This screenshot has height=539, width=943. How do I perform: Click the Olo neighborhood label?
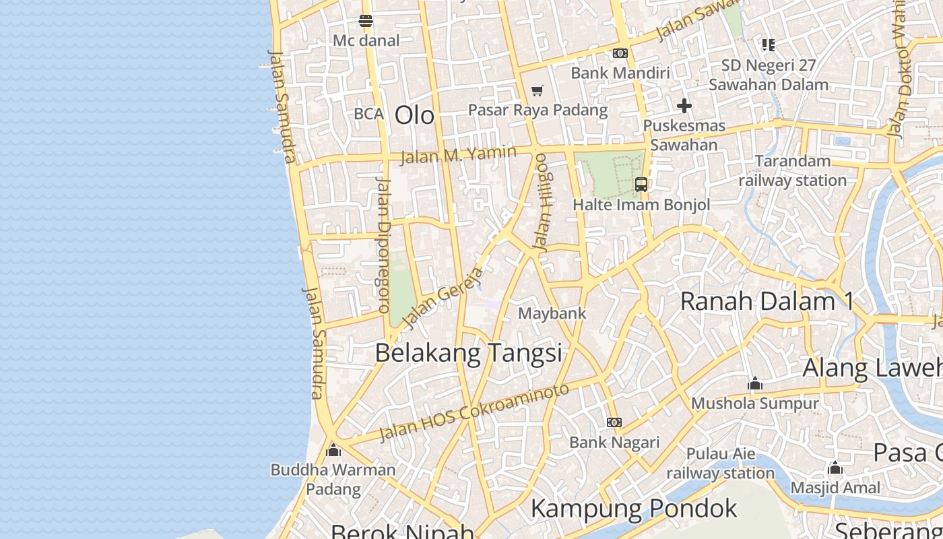(x=414, y=115)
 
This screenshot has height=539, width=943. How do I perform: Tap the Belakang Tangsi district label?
(x=468, y=353)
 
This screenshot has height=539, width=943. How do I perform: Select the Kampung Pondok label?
(x=634, y=508)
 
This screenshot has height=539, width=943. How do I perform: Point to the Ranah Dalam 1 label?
(x=767, y=301)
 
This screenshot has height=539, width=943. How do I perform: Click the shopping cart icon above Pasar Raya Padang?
(x=537, y=90)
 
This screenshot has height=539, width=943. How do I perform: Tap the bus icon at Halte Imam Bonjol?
(x=641, y=184)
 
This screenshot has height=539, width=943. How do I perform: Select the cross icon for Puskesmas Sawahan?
(x=684, y=106)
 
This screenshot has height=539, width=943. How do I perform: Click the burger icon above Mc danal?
(x=366, y=21)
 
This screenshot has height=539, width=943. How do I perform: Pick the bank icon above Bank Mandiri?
(x=620, y=53)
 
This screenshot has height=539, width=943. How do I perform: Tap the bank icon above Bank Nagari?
(x=614, y=422)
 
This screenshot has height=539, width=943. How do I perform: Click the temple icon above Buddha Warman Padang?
(x=333, y=449)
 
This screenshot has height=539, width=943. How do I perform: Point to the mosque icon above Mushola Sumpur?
(x=755, y=384)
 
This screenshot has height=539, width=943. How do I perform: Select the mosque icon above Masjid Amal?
(x=835, y=468)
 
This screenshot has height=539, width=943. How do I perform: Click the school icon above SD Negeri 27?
(x=768, y=45)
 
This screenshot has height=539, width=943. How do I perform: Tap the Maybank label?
(x=552, y=313)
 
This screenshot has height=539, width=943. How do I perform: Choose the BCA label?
(x=368, y=114)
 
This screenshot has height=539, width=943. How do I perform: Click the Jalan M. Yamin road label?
(x=459, y=155)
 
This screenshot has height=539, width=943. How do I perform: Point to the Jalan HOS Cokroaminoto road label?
(x=474, y=411)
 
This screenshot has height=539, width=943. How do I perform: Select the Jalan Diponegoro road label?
(x=383, y=245)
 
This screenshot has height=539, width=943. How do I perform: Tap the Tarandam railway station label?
(x=793, y=170)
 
